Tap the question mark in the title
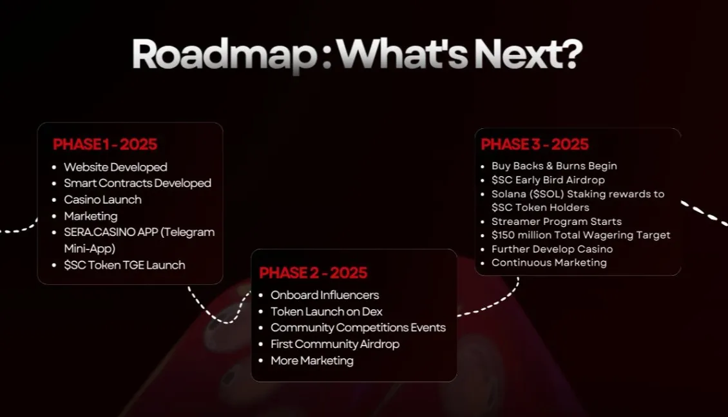click(x=568, y=55)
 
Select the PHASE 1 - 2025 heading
click(x=105, y=144)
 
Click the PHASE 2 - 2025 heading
click(x=313, y=273)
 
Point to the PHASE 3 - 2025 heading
click(x=535, y=144)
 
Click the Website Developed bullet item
click(x=115, y=167)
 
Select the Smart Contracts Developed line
click(x=137, y=183)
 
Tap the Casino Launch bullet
click(x=102, y=199)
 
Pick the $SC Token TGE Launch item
click(x=124, y=265)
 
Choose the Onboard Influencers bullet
click(x=325, y=295)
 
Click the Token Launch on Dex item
click(x=327, y=311)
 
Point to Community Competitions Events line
click(x=358, y=327)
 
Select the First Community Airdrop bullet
click(x=334, y=344)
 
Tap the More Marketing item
click(x=312, y=360)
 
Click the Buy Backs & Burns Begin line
click(x=554, y=166)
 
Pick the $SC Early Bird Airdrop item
click(x=548, y=180)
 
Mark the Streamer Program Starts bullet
click(x=556, y=221)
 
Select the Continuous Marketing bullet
click(x=549, y=262)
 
